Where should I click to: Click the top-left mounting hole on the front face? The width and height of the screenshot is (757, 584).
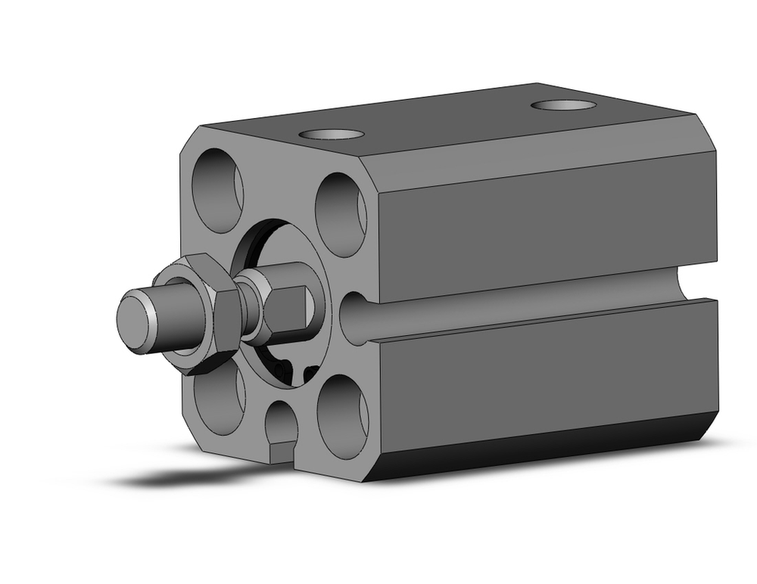pyautogui.click(x=217, y=190)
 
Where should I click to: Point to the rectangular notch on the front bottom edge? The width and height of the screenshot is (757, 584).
pyautogui.click(x=281, y=452)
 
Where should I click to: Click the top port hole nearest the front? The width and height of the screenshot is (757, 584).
pyautogui.click(x=331, y=135)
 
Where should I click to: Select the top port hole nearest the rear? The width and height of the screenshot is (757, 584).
pyautogui.click(x=562, y=104)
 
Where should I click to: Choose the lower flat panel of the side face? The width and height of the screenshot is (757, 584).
pyautogui.click(x=545, y=371)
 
